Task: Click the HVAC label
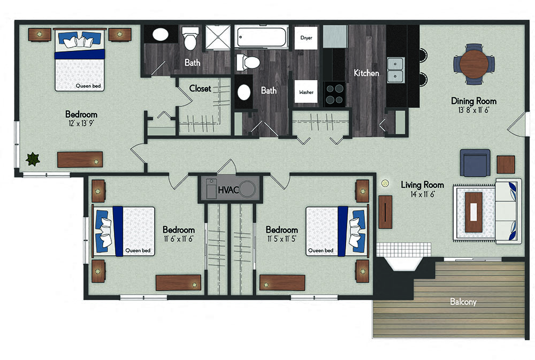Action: (228, 190)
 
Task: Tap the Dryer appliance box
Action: (306, 38)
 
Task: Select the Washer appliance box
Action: (306, 91)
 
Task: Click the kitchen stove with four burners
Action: (334, 94)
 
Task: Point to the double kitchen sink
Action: (395, 70)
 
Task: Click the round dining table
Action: (474, 64)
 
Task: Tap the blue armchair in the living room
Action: (475, 163)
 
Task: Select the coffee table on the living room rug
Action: (473, 212)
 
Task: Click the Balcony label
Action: (463, 302)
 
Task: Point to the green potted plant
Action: (33, 159)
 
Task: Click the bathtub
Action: (262, 37)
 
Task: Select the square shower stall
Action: (218, 37)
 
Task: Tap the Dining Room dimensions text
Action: (473, 110)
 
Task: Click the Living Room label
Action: (423, 185)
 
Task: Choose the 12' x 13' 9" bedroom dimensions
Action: (81, 123)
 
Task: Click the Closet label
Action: (200, 89)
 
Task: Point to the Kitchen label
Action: (366, 73)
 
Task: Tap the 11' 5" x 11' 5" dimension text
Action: (282, 239)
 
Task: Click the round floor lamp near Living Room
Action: (385, 183)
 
